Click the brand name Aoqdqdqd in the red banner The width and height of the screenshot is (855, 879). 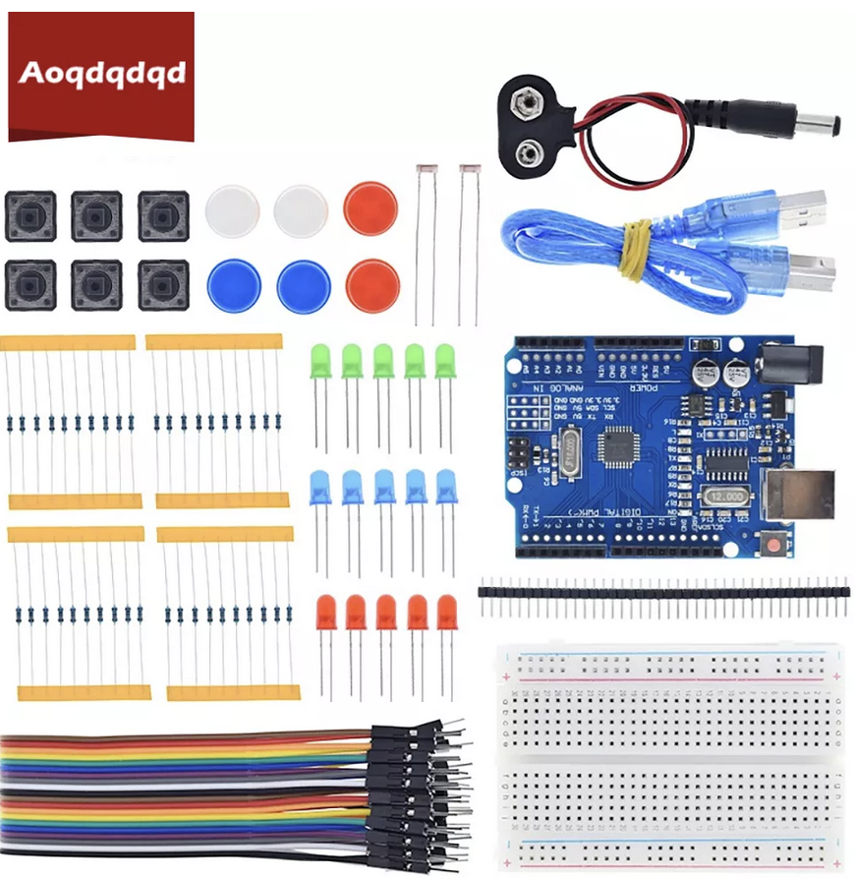(101, 74)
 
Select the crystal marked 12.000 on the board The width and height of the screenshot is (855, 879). (728, 497)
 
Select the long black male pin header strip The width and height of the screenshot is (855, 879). (663, 593)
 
